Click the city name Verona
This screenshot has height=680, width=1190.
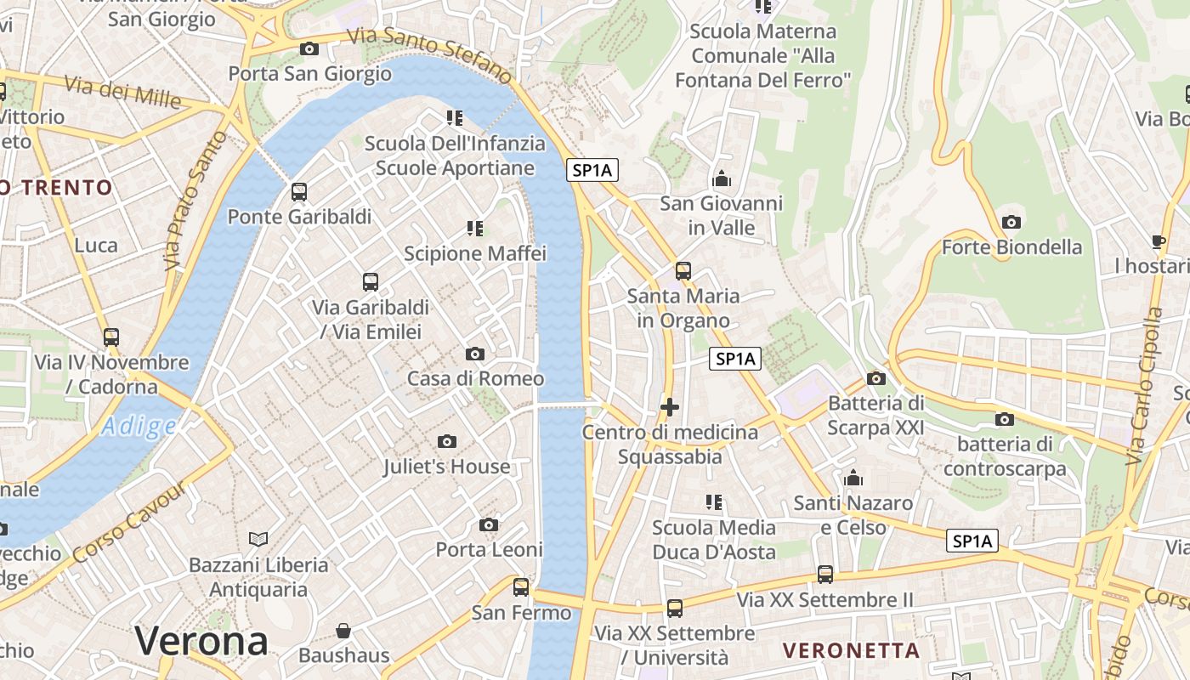point(201,640)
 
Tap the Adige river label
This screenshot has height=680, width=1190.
point(138,426)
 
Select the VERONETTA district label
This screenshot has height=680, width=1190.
point(851,651)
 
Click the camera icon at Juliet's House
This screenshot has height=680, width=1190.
point(447,441)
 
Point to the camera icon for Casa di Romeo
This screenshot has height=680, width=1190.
point(475,354)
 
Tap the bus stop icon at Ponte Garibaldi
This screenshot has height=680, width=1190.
point(298,192)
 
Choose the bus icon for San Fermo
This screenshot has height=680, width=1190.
point(521,586)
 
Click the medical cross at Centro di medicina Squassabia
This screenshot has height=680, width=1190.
point(670,407)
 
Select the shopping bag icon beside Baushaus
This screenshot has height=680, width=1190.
point(343,631)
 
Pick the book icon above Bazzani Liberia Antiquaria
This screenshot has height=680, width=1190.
point(258,539)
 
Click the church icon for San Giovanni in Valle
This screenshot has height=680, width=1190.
point(722,178)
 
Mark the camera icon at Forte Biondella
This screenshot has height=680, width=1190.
point(1011,223)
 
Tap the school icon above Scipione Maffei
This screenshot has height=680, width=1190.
point(474,229)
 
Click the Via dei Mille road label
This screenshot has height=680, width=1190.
point(122,92)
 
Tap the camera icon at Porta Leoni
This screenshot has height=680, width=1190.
point(489,525)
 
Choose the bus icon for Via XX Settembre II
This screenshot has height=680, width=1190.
point(824,575)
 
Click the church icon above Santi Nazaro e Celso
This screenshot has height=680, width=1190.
point(853,478)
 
